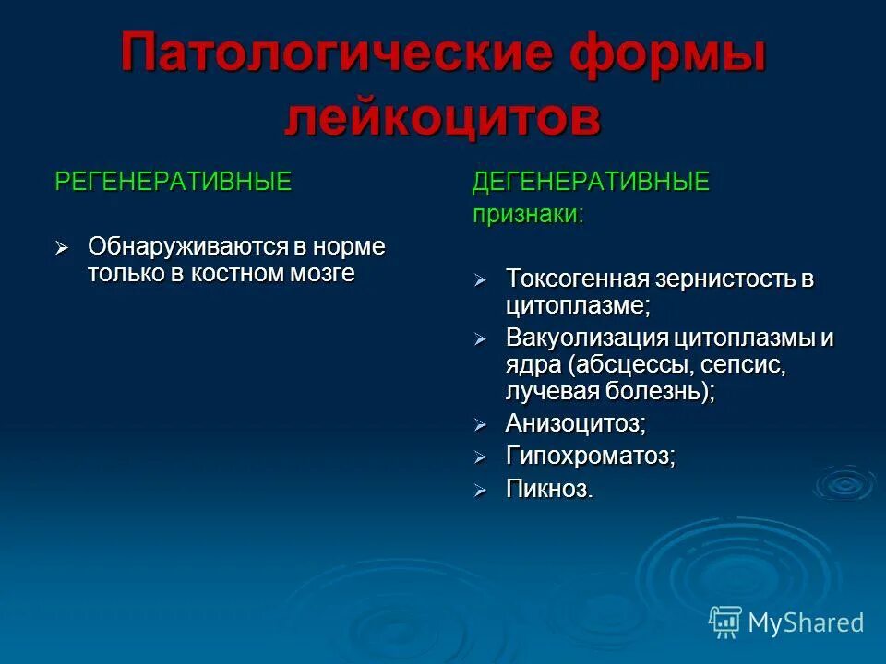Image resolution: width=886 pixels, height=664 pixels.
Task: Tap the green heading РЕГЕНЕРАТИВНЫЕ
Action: tap(174, 182)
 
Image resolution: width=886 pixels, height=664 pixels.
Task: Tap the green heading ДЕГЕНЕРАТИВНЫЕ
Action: tap(592, 182)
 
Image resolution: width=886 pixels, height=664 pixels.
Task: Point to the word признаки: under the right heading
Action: tap(528, 214)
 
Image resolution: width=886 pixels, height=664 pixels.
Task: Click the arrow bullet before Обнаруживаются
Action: tap(62, 248)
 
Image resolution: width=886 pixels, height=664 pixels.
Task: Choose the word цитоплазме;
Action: tap(578, 304)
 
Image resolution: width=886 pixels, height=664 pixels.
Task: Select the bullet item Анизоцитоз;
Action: tap(575, 423)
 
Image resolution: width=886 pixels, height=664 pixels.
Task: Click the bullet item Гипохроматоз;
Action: tap(590, 456)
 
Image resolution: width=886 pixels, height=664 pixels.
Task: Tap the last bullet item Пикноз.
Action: tap(549, 489)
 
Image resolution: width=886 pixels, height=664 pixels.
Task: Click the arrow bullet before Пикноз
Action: tap(480, 490)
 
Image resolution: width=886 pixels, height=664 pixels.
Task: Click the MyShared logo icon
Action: tap(725, 622)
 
